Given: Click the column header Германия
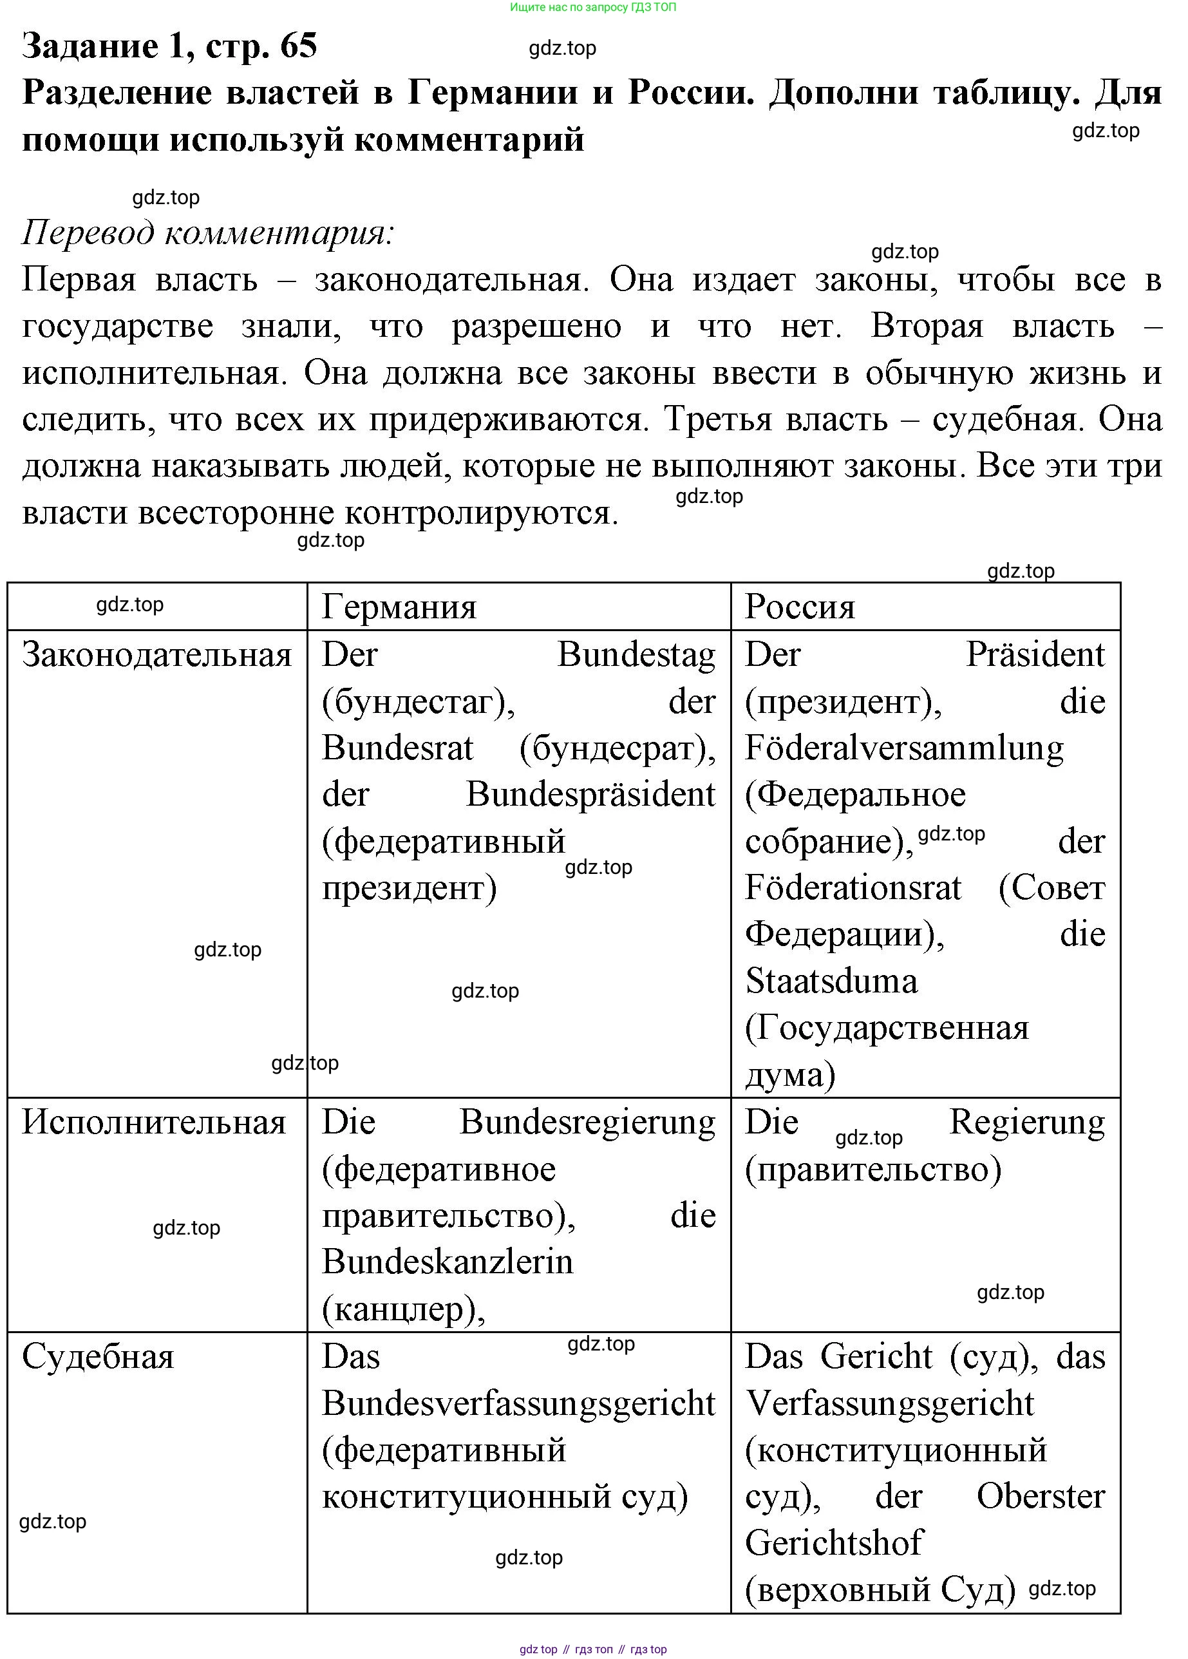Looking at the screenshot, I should coord(399,607).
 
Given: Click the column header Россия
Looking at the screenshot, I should coord(800,607).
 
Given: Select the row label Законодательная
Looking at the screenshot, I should coord(156,655).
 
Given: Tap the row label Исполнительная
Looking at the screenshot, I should coord(154,1122).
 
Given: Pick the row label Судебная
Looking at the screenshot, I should coord(98,1357).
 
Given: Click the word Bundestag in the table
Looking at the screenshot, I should coord(636,655).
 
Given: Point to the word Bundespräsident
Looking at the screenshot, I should coord(590,794).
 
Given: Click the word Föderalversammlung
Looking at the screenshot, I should coord(904,748).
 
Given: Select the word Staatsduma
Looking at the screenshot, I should coord(831,981).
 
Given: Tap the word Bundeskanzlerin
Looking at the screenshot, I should coord(447,1262).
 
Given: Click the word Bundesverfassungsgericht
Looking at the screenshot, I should coord(518,1403).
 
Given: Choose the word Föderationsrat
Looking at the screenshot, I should coord(853,888).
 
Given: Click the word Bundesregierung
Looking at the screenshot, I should coord(587,1122).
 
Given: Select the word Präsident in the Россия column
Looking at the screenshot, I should coord(1035,655).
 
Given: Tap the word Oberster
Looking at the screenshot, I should coord(1041,1497).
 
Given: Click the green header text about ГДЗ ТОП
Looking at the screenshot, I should coord(592,7).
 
